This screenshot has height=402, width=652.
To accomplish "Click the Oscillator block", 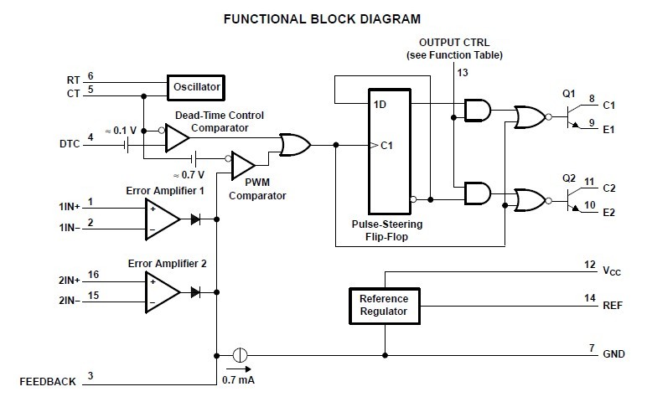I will [195, 86].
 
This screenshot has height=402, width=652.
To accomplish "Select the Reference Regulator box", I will [383, 306].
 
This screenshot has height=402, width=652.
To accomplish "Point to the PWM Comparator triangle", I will [242, 164].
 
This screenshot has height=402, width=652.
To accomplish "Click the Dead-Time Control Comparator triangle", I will [176, 137].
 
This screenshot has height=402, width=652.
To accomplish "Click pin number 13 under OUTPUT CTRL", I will [462, 74].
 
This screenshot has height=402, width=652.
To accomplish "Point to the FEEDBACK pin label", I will [47, 382].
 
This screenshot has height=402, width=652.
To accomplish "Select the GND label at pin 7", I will [613, 354].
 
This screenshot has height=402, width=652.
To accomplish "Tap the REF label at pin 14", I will [613, 307].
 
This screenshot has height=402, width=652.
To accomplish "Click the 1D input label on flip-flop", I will [380, 105].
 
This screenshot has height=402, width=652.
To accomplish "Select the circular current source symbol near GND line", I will [239, 354].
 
